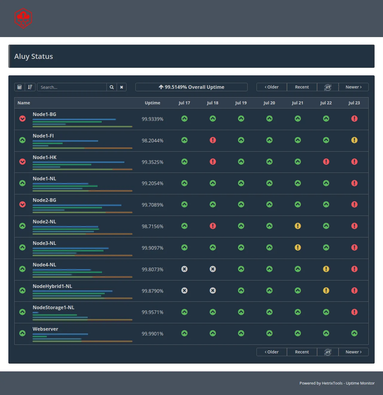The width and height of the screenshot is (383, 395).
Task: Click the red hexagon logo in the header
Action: coord(23,18)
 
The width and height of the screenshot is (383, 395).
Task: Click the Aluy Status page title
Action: coord(34,57)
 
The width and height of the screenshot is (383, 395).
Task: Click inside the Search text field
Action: coord(72,87)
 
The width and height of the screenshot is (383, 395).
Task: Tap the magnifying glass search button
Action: coord(112,87)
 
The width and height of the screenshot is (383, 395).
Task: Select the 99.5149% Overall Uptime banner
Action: coord(191,87)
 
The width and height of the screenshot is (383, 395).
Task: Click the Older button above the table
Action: coord(272,87)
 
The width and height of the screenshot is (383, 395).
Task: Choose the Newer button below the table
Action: coord(353,352)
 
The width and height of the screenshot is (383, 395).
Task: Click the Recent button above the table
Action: coord(302,87)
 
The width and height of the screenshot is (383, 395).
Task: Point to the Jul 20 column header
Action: coord(269,103)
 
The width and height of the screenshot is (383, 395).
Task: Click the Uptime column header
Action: coord(152,103)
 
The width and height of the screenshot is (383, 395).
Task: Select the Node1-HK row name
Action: coord(44,157)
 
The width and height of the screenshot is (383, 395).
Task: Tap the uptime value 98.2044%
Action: coord(152,141)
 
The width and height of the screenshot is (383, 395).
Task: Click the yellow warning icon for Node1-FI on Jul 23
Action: coord(354,140)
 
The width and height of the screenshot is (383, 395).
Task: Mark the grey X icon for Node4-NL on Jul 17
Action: coord(184,269)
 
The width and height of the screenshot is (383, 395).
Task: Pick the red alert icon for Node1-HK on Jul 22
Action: coord(326,161)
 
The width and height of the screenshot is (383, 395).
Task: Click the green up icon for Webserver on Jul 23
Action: coord(354,333)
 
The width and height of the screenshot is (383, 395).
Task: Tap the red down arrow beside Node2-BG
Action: coord(22,205)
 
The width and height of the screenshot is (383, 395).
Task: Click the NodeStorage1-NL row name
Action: coord(53,307)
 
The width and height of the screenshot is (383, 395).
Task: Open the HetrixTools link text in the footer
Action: coord(332,383)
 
